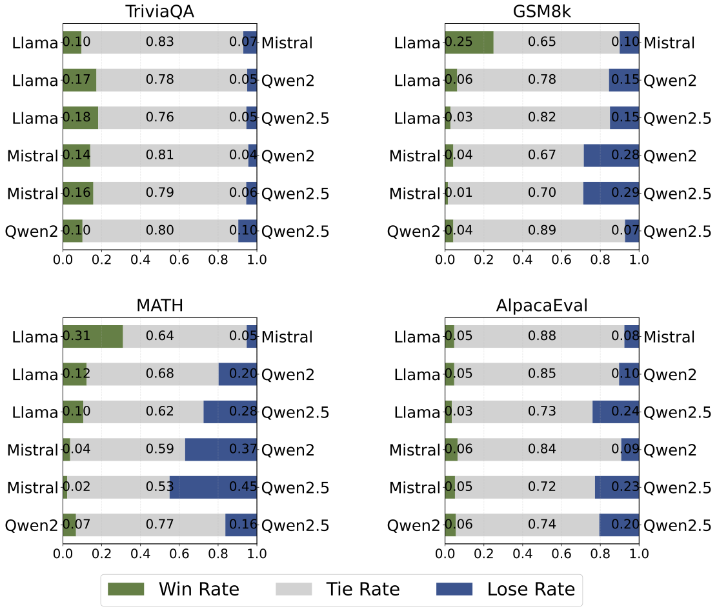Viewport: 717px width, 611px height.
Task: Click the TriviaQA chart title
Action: (x=159, y=13)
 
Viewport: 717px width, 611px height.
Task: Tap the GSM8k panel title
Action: (x=541, y=13)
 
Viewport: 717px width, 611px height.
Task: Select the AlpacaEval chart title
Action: (x=541, y=306)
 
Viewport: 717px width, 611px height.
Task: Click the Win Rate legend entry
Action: (x=173, y=589)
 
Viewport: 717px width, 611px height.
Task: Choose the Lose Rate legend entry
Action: (x=505, y=589)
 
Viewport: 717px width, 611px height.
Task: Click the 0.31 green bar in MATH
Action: (x=93, y=336)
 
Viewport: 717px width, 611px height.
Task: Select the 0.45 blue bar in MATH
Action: (x=213, y=487)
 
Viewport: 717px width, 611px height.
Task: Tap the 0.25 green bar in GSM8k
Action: (x=469, y=43)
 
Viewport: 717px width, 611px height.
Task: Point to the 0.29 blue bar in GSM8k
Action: (x=611, y=194)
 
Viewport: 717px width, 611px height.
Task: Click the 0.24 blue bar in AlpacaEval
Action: (x=616, y=412)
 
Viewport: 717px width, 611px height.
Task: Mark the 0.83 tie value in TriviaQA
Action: (x=159, y=43)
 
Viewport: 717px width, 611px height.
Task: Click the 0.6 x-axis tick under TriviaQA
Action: (x=179, y=259)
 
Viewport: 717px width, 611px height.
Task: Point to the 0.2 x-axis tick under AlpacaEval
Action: (x=483, y=552)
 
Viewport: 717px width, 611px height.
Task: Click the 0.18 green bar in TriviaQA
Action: (x=81, y=118)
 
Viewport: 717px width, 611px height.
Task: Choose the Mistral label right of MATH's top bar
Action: (x=287, y=337)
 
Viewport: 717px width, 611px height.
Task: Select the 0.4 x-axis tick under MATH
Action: (x=140, y=552)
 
